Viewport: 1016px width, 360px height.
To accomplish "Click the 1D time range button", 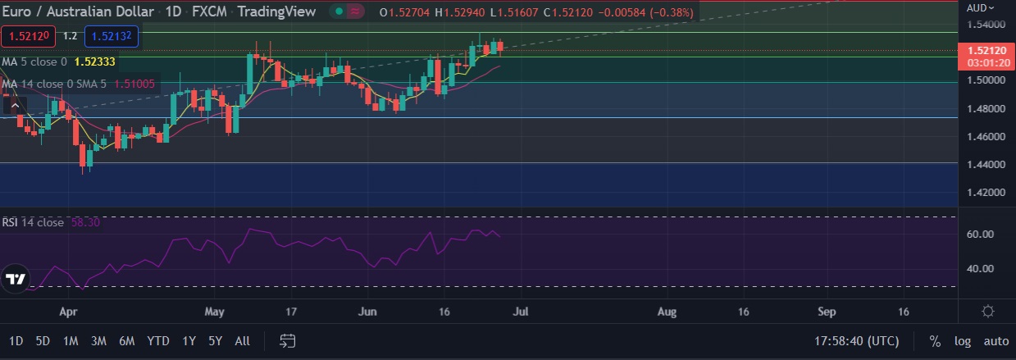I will coord(16,340).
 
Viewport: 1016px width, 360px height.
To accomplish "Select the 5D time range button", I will coord(43,340).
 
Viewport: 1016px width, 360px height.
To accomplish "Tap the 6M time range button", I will coord(126,340).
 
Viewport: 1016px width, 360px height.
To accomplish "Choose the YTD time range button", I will coord(158,340).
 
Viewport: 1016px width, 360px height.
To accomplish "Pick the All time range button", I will coord(242,340).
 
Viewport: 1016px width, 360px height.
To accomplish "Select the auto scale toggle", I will coord(995,341).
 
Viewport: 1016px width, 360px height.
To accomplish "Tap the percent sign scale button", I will coord(935,341).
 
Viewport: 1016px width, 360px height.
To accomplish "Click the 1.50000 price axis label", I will coord(984,80).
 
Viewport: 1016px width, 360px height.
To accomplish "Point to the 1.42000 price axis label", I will coord(984,193).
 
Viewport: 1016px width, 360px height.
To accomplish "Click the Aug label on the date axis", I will coord(667,312).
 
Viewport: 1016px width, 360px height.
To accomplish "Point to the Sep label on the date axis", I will coord(827,312).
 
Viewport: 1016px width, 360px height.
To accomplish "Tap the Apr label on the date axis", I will coord(69,312).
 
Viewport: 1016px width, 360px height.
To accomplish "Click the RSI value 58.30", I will coord(85,222).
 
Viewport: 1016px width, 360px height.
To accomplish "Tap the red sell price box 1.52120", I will coord(28,37).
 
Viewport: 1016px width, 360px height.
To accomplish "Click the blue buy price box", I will coord(115,37).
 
